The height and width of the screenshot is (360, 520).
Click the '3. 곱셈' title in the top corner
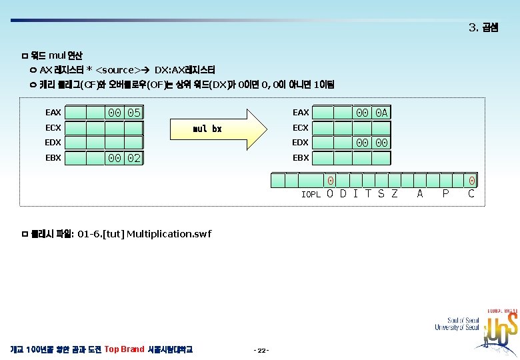click(483, 28)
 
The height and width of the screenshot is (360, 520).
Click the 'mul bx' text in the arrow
click(207, 128)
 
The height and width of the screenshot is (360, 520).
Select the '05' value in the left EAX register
click(134, 113)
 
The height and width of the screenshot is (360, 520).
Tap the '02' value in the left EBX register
click(134, 158)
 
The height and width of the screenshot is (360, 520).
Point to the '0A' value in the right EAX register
click(381, 113)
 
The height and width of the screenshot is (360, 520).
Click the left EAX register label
click(53, 113)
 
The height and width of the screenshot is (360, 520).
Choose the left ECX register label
click(53, 127)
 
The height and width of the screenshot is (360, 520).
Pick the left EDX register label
click(53, 143)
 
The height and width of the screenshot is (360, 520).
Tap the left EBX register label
click(53, 158)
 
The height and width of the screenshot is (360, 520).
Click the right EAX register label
click(301, 113)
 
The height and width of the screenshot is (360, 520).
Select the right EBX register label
click(301, 158)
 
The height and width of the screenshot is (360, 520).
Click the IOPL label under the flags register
click(311, 195)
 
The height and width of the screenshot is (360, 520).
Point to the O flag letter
click(330, 194)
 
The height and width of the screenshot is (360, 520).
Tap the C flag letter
click(471, 194)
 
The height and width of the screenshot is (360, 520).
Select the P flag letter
click(445, 194)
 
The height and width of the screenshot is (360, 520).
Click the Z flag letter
click(394, 194)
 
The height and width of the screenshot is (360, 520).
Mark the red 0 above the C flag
click(471, 181)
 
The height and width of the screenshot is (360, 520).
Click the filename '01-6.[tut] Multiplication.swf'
click(145, 233)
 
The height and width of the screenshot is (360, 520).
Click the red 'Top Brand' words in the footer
click(125, 349)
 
